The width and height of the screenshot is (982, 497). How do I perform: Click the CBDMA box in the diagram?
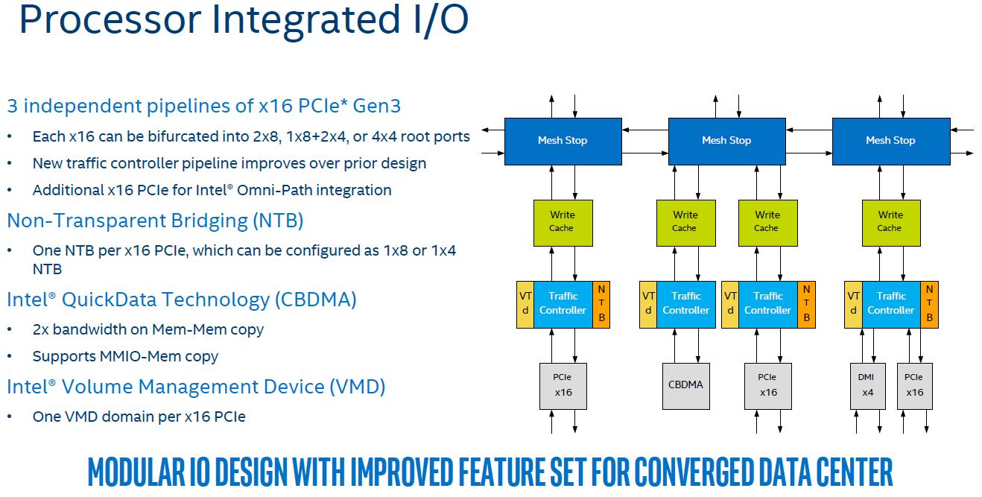685,386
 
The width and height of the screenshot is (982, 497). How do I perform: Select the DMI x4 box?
867,386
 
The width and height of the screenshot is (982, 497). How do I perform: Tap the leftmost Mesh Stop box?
563,141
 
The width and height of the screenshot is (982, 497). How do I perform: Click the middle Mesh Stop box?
727,141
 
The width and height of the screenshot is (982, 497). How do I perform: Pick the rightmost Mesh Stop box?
891,141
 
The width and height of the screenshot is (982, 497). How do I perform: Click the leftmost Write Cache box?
563,223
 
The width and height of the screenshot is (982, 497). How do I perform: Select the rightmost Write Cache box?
891,223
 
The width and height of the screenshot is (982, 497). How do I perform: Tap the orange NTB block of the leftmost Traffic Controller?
601,305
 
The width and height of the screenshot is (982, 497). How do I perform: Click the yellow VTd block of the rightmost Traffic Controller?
853,305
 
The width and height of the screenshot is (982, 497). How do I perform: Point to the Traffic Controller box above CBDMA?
686,305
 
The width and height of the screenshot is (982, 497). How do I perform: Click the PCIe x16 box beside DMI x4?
915,386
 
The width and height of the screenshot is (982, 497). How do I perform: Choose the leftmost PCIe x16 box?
563,386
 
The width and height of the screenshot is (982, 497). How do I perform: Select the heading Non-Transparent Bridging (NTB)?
155,221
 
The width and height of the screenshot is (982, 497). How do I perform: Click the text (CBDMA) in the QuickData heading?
316,300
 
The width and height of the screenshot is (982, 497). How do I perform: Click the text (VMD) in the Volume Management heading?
358,387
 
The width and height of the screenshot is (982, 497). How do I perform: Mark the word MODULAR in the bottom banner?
137,472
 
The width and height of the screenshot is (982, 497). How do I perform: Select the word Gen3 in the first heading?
377,106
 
